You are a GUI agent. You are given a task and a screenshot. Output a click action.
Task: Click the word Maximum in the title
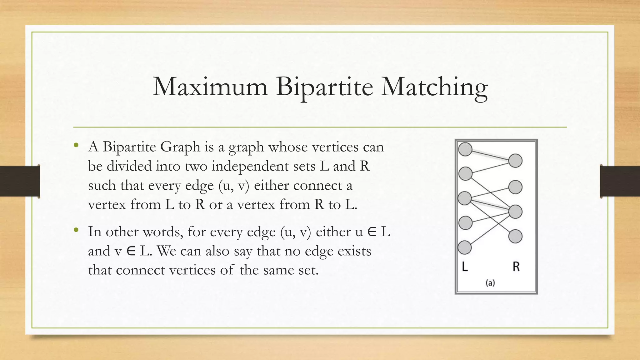pos(210,87)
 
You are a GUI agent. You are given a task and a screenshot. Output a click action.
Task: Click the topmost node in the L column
pos(465,149)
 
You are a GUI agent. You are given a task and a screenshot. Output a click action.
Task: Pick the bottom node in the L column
pos(465,247)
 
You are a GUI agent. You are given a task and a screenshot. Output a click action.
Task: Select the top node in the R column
pos(515,161)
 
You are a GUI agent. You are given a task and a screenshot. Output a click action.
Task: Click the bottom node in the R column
pos(515,236)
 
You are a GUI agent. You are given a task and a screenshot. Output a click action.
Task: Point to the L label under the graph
pos(465,267)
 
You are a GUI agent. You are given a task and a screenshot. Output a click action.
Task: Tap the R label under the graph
pos(516,267)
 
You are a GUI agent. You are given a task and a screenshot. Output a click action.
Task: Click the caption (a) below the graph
pos(490,283)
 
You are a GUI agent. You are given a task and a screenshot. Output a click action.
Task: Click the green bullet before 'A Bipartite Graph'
pos(76,145)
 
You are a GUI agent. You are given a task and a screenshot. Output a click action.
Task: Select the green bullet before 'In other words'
pos(76,230)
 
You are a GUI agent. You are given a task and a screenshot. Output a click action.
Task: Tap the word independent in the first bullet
pos(250,166)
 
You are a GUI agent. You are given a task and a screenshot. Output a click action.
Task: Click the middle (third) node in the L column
pos(465,198)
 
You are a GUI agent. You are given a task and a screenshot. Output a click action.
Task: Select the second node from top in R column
pos(515,187)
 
